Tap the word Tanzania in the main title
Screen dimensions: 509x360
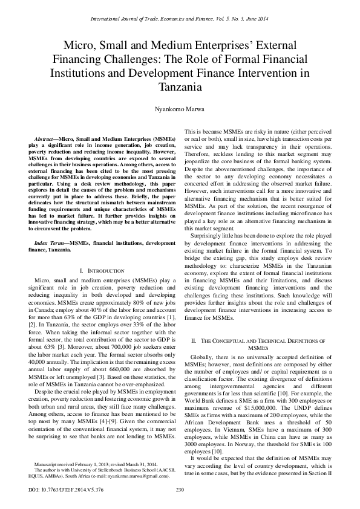click(x=180, y=87)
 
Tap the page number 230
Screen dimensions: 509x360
click(x=180, y=489)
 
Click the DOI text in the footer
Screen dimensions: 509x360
click(x=61, y=489)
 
